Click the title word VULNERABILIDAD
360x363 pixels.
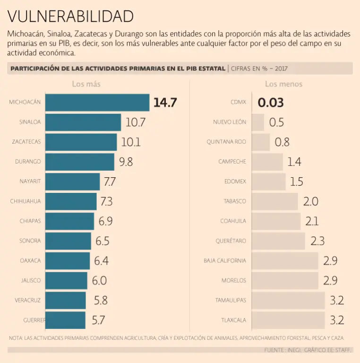[70, 16]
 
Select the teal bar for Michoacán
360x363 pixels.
[98, 102]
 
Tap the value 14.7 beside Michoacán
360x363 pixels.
[165, 102]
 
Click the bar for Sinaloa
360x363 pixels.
[84, 122]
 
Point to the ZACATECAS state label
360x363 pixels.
[26, 142]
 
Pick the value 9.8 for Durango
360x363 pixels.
[126, 162]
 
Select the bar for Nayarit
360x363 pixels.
[73, 181]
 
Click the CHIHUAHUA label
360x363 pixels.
[26, 201]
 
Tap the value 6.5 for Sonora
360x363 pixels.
[103, 241]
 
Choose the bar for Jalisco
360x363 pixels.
[67, 281]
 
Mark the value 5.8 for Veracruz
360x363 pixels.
[101, 301]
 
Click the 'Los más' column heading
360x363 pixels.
[86, 84]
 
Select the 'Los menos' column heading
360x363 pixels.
[283, 84]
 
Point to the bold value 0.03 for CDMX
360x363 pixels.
[271, 103]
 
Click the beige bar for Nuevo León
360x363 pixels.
[257, 122]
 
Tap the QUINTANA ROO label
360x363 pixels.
[226, 142]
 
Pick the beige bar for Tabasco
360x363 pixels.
[274, 201]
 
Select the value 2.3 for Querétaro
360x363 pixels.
[317, 241]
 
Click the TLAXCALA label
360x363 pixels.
[233, 320]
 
